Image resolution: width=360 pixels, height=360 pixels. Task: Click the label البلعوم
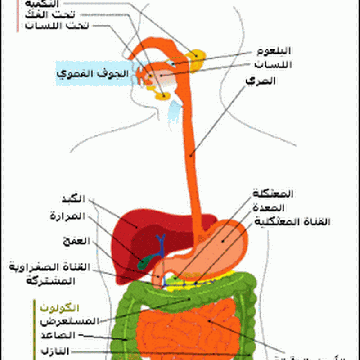tap(274, 50)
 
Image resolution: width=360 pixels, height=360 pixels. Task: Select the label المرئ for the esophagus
tap(261, 81)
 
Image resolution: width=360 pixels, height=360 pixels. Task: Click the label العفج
tap(78, 241)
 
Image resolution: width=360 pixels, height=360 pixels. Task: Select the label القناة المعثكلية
tap(292, 222)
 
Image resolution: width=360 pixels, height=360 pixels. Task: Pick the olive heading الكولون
tap(60, 308)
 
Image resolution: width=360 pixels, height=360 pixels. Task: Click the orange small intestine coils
tap(189, 333)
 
